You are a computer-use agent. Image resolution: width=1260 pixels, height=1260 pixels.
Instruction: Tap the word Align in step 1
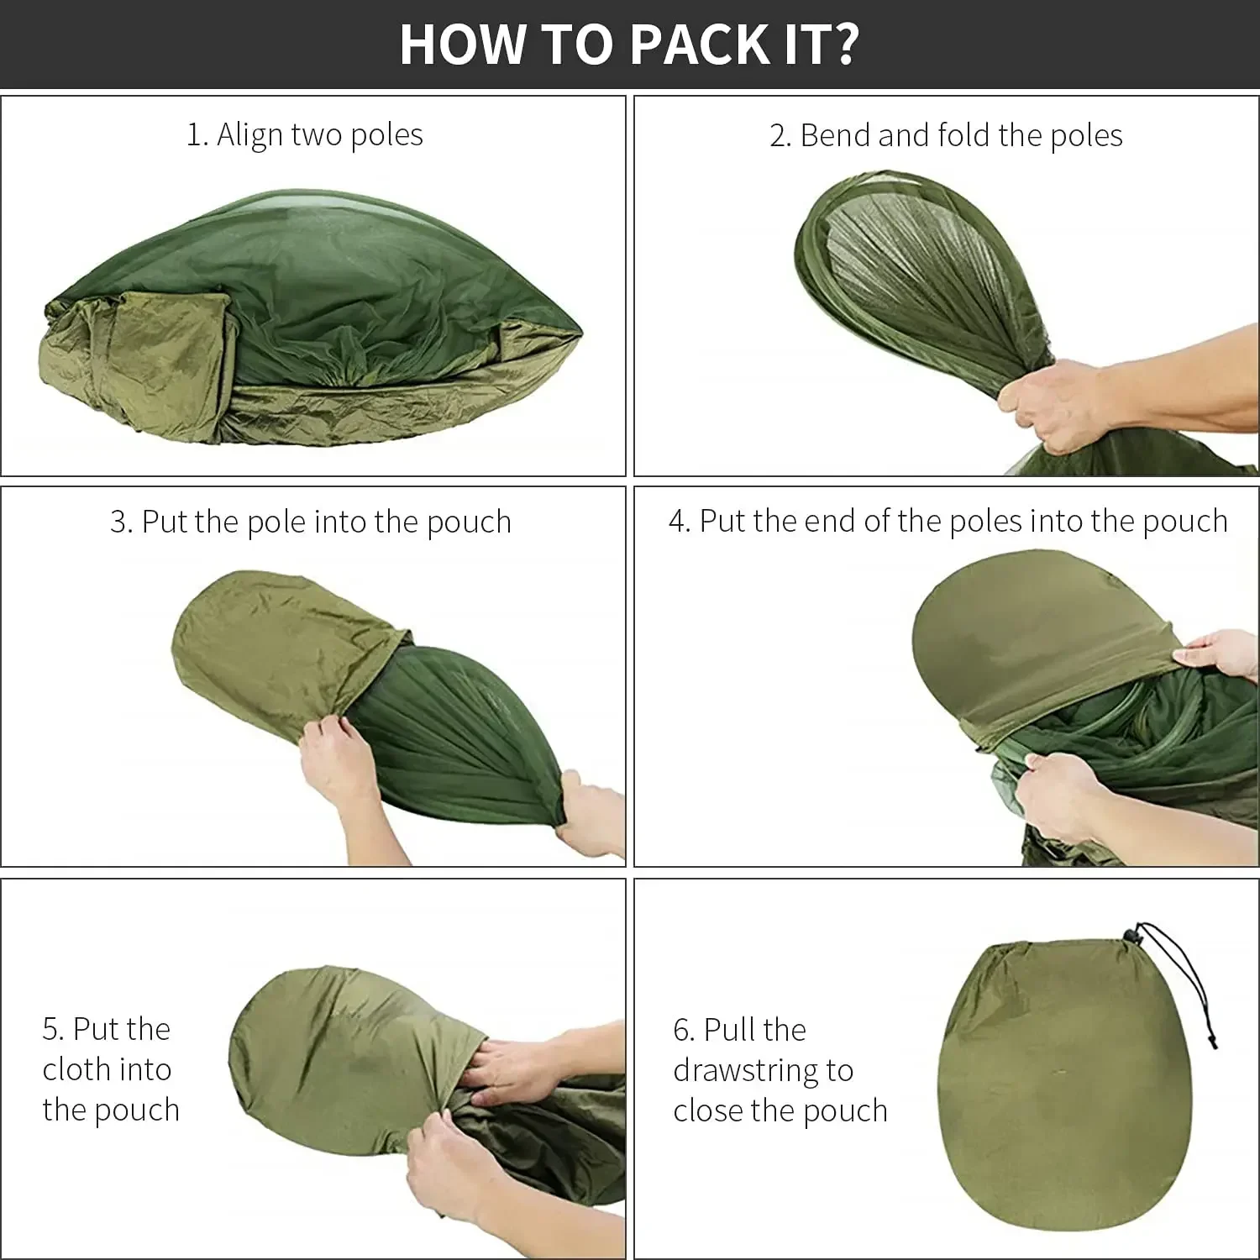click(249, 135)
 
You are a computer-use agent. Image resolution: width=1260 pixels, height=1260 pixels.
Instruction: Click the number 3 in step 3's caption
click(121, 522)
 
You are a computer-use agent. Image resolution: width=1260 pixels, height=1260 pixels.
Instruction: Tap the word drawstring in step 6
click(763, 1071)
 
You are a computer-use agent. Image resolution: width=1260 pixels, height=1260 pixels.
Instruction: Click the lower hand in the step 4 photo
click(1067, 794)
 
